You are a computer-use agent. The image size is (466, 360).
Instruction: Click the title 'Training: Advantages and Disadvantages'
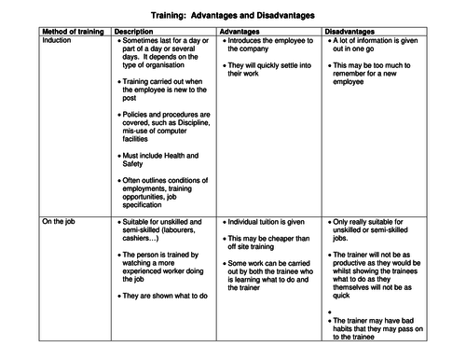point(233,16)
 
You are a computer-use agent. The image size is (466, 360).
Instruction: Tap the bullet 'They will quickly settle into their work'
point(268,71)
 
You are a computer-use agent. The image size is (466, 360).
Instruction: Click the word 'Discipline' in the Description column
point(189,121)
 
